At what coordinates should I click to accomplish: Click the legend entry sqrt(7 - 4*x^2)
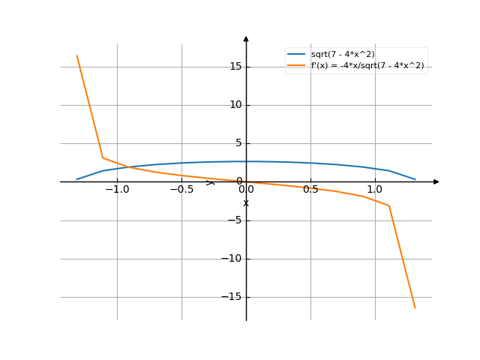coord(343,54)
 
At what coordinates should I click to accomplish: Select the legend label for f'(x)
coord(367,66)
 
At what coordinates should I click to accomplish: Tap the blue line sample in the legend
coord(296,54)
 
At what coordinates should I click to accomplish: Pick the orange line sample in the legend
coord(296,66)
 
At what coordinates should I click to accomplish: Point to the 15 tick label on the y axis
coord(235,67)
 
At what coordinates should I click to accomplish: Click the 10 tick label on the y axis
coord(235,105)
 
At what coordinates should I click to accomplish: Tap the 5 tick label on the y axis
coord(238,143)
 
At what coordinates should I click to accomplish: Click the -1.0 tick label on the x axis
coord(117,190)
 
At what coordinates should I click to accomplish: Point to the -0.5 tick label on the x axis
coord(181,190)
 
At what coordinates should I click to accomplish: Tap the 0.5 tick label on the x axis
coord(310,190)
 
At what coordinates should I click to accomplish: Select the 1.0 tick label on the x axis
coord(375,190)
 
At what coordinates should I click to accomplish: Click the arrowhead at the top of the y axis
coord(246,38)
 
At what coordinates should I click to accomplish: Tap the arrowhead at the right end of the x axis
coord(436,181)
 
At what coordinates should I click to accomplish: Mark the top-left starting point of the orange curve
coord(76,55)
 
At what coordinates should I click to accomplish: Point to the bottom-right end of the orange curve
coord(415,308)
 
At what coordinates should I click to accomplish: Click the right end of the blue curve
coord(415,179)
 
